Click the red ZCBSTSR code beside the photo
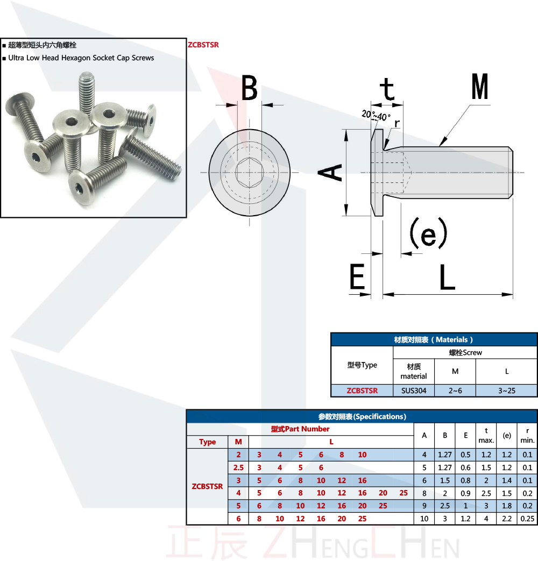point(203,45)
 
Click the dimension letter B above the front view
point(249,88)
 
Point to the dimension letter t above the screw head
point(388,89)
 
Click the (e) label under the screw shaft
point(428,232)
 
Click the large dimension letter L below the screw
point(447,278)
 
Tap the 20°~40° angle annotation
point(377,116)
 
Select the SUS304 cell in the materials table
point(413,390)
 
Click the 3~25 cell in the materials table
point(506,390)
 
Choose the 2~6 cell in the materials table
point(455,390)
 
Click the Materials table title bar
point(434,339)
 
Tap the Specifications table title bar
point(362,416)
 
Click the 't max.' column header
point(486,435)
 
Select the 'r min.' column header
point(527,435)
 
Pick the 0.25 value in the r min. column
point(527,519)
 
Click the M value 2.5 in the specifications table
point(238,467)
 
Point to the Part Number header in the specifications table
point(300,429)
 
